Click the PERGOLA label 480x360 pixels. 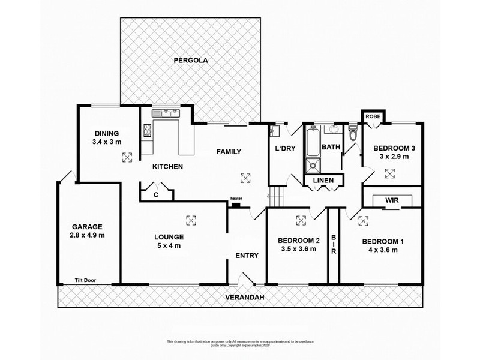187,59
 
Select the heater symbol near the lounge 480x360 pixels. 236,205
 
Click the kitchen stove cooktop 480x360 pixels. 146,130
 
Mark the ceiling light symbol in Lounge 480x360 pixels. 191,219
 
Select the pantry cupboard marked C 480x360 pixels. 155,194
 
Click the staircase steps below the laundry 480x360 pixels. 275,195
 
